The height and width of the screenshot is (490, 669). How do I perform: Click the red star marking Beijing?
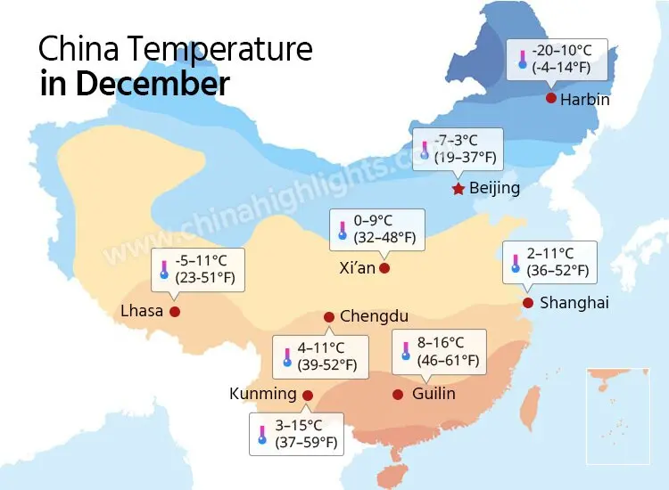coord(458,189)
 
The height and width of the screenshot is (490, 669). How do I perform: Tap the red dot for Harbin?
coord(551,98)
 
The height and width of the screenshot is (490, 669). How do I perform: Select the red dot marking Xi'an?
coord(384,267)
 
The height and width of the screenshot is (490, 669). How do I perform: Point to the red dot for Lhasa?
coord(175,311)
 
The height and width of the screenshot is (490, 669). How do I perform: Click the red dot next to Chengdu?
coord(329,316)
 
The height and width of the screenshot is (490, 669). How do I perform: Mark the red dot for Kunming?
coord(308,395)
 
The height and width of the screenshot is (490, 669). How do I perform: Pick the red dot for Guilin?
coord(398,394)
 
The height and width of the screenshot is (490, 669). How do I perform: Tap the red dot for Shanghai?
coord(527,303)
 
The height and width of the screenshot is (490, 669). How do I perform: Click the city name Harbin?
coord(585,99)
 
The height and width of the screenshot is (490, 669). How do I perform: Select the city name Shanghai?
coord(574,303)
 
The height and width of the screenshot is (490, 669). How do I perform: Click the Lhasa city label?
coord(142,311)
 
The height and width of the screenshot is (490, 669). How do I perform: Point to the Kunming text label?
coord(262,394)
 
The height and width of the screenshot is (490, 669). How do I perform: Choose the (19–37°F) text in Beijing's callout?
coord(464,159)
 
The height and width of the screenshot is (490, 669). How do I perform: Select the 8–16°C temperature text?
coord(441,343)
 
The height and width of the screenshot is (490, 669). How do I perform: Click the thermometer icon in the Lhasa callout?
coord(164,269)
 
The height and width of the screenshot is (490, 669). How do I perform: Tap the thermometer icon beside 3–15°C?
coord(262,434)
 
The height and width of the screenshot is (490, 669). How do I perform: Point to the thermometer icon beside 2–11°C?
coord(515,262)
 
